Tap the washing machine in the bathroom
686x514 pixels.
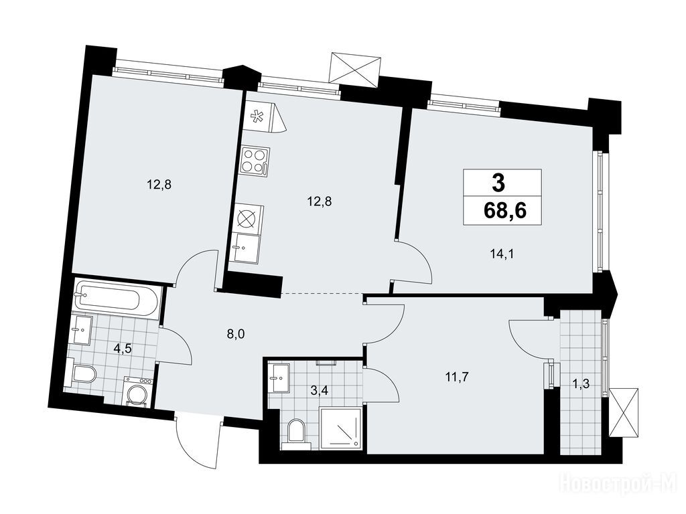138,392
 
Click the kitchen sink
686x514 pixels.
245,248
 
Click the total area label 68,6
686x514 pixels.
504,211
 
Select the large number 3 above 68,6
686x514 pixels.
498,182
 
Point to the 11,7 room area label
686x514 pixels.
457,376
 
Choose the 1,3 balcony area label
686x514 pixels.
581,383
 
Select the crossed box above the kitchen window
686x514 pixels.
354,68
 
